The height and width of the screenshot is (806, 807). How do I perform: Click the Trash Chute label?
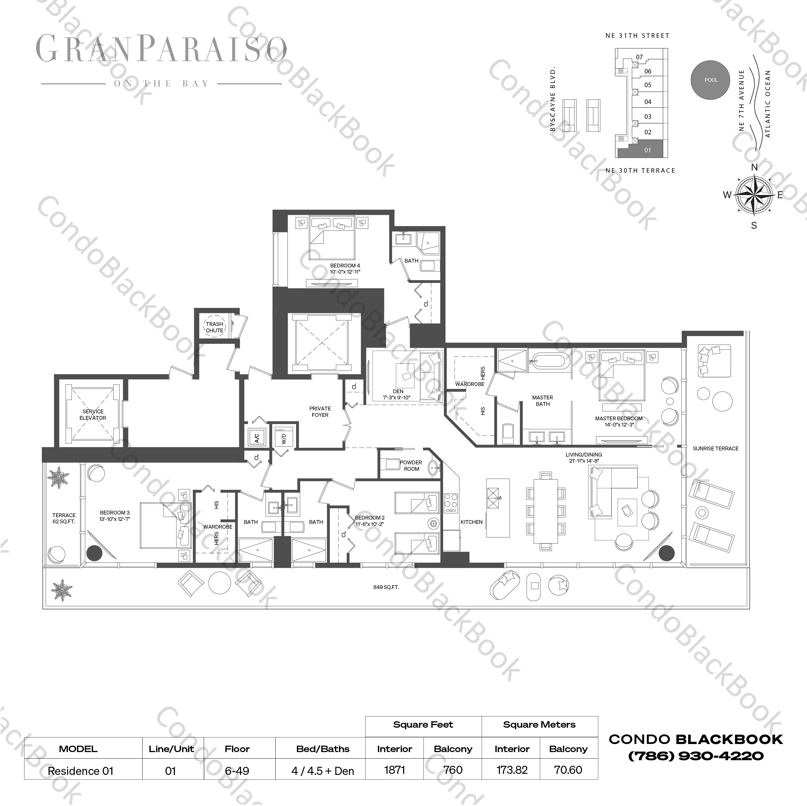(x=214, y=327)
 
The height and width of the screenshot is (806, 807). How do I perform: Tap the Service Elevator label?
(x=93, y=414)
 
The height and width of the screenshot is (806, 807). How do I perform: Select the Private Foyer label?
(x=320, y=411)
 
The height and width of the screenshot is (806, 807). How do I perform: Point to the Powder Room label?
(x=411, y=465)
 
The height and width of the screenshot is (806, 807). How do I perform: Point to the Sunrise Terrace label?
(x=716, y=448)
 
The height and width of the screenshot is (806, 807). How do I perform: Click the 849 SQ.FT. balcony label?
(x=386, y=587)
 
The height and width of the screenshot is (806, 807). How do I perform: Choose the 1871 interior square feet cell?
(x=394, y=770)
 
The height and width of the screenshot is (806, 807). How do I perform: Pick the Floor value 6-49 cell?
(x=237, y=771)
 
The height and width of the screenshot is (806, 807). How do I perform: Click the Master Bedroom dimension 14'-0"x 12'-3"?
(x=619, y=425)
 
